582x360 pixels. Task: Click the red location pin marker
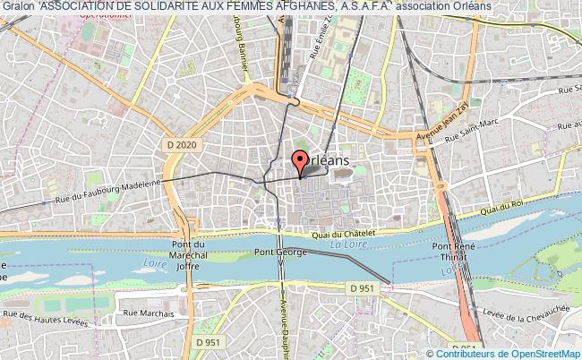pyautogui.click(x=300, y=161)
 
